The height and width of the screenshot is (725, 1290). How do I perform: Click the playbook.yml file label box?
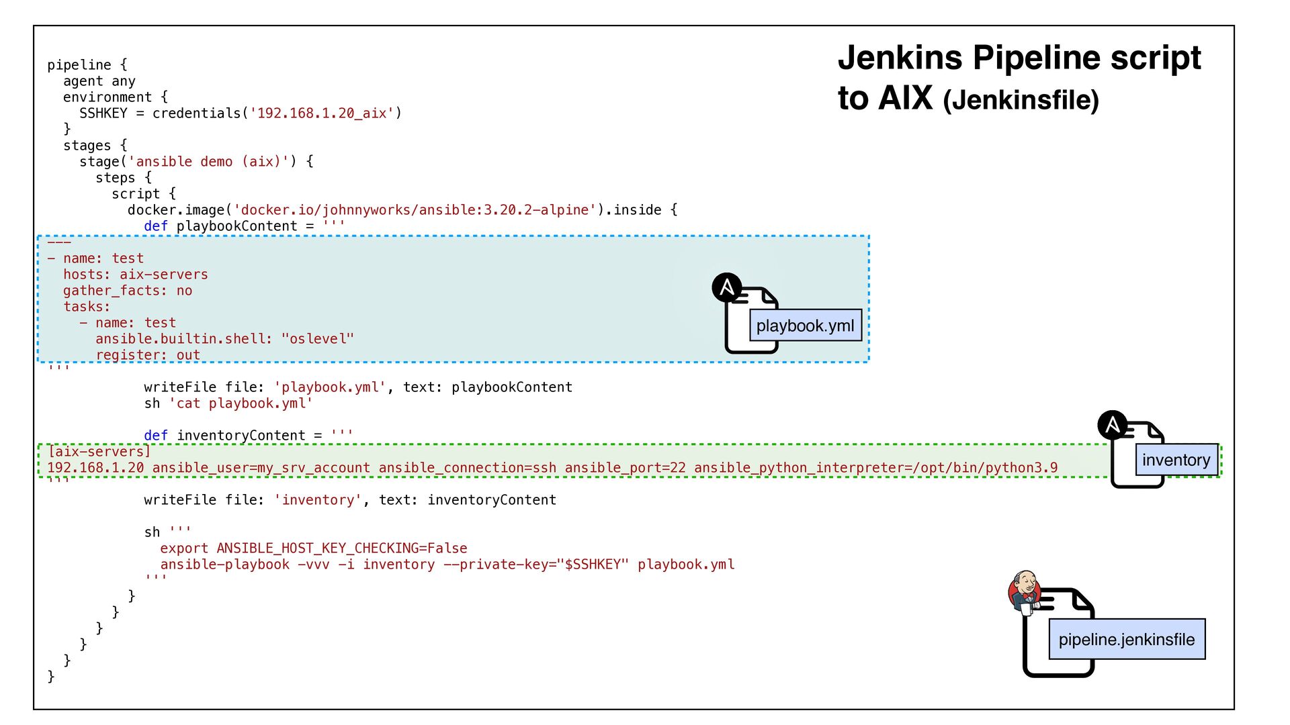point(805,326)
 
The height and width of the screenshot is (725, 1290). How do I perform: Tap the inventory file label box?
point(1176,460)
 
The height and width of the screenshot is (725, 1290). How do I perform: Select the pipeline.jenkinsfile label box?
point(1127,639)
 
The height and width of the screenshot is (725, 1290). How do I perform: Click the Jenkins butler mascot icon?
point(1025,591)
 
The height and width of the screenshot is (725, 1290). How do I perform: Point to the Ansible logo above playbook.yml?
point(727,287)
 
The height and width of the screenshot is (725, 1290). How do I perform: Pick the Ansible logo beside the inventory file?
point(1113,425)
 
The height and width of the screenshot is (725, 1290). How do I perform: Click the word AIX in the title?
point(905,98)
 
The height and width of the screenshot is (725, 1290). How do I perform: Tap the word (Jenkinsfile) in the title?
point(1021,101)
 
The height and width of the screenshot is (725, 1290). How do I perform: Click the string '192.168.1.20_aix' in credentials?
point(322,113)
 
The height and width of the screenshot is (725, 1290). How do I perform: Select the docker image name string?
point(415,210)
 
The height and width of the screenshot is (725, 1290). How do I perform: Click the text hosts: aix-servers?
point(136,275)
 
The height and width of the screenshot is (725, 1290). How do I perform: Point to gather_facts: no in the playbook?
point(128,291)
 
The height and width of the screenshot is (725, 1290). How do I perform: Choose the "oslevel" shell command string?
point(318,339)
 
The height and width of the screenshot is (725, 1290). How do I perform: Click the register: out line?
point(148,355)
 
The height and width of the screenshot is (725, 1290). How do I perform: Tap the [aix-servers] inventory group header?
point(99,452)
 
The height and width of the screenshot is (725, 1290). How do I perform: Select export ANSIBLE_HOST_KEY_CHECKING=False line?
point(313,548)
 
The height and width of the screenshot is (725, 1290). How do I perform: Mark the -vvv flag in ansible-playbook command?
point(314,565)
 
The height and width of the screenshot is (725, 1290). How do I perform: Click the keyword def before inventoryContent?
point(156,436)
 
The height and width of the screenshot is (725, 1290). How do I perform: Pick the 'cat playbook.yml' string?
point(241,403)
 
